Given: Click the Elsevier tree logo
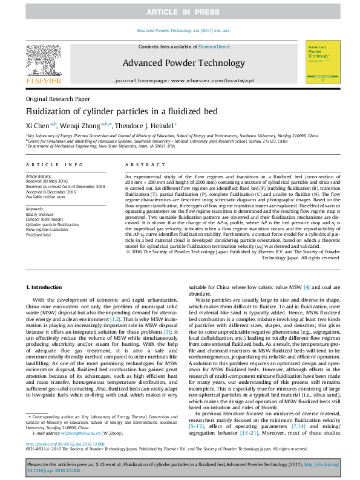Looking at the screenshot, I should pos(43,63).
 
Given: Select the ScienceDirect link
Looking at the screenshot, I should pos(214,47).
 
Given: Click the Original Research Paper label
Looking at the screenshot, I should pos(57,99).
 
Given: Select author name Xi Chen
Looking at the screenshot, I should pos(38,125).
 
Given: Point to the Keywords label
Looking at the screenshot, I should pos(35,209).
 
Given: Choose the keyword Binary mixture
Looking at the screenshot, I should pos(39,214).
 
